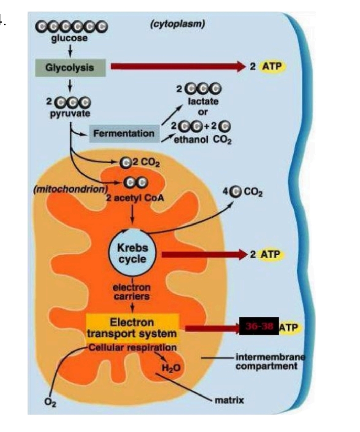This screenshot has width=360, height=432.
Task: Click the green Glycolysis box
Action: (x=70, y=67)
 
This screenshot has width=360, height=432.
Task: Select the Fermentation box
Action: (x=124, y=134)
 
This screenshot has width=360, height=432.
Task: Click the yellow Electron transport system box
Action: (x=133, y=328)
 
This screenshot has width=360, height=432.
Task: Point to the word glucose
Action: (x=70, y=38)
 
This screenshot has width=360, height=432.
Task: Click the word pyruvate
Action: (x=70, y=113)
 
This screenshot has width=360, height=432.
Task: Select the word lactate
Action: (x=203, y=101)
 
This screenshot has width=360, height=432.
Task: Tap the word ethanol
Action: (x=191, y=139)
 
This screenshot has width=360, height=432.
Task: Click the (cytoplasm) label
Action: (x=178, y=24)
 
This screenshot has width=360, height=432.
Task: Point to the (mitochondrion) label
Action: (x=70, y=189)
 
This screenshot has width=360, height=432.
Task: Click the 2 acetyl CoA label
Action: (x=135, y=198)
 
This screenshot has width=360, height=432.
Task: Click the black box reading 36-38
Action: (x=259, y=326)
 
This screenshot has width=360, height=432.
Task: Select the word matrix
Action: (x=229, y=400)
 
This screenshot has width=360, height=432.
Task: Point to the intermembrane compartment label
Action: (x=271, y=362)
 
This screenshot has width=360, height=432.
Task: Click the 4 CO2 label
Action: (x=243, y=192)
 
